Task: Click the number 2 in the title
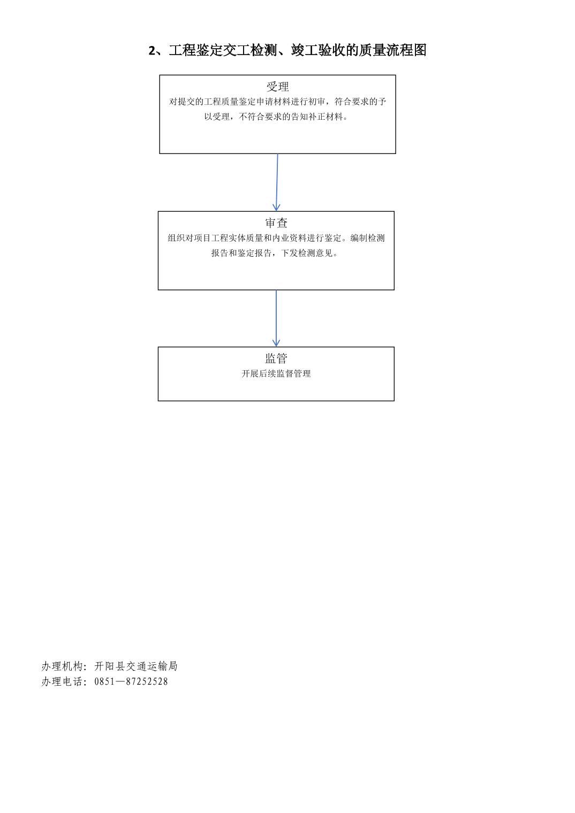tap(152, 50)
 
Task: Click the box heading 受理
tap(277, 87)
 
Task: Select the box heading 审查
tap(276, 223)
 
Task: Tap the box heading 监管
tap(276, 358)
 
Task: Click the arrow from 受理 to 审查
tap(277, 182)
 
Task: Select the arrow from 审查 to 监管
tap(276, 318)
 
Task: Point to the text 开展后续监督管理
tap(276, 374)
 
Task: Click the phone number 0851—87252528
tap(131, 681)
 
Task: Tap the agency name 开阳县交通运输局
tap(136, 666)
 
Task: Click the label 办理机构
tap(62, 666)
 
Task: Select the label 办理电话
tap(62, 681)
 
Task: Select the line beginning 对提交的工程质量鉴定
tap(277, 102)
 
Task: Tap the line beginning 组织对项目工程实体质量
tap(276, 238)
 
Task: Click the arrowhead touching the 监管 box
tap(276, 343)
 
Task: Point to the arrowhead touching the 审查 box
tap(276, 207)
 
